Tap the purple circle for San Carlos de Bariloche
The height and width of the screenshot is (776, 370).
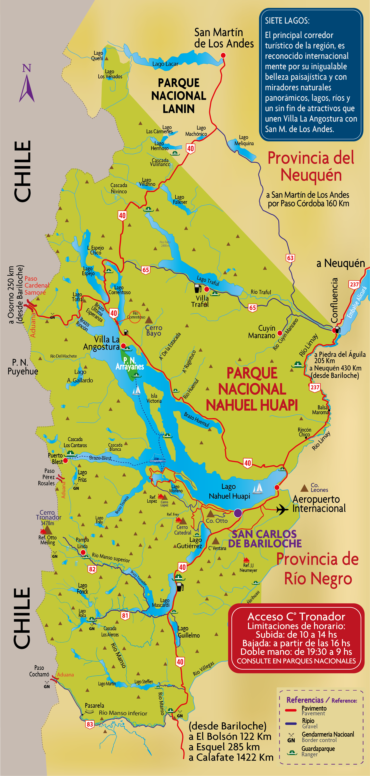[238, 513]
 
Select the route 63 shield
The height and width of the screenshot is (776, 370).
[290, 258]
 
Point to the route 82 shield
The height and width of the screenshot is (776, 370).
[92, 569]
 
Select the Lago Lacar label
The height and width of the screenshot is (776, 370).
[165, 64]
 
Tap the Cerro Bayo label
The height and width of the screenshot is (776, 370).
[154, 331]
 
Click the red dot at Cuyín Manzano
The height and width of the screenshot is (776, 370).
[280, 333]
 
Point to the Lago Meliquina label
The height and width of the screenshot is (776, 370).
[244, 140]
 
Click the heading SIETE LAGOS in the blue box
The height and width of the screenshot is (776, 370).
[287, 21]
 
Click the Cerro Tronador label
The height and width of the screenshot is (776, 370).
[48, 515]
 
